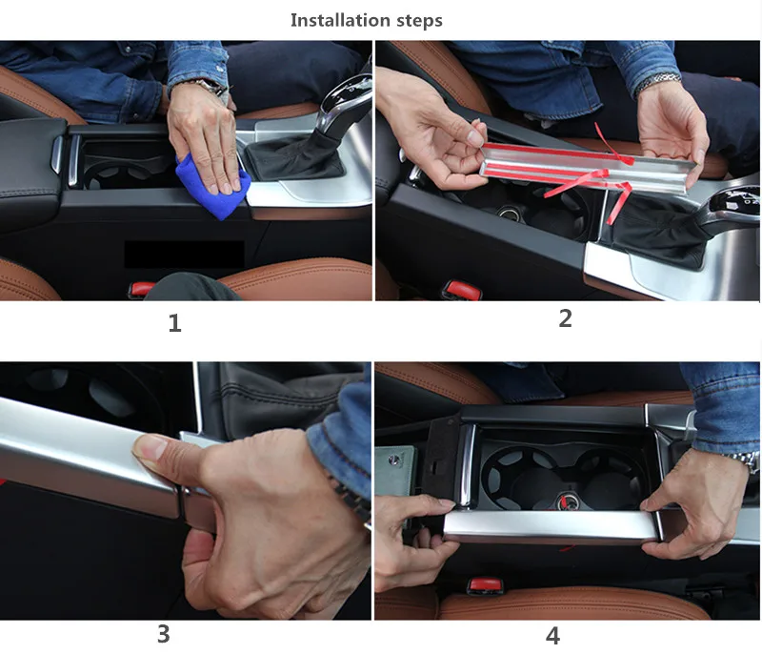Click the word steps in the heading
click(x=419, y=21)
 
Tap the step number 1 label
click(x=175, y=323)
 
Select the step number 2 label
click(x=565, y=318)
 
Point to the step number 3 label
click(x=163, y=634)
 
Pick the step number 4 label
click(x=552, y=636)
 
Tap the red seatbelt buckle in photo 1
click(x=140, y=289)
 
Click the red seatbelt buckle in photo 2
click(x=462, y=290)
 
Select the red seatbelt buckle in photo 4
click(x=486, y=586)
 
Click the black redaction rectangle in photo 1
click(x=184, y=254)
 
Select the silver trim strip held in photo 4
click(x=551, y=526)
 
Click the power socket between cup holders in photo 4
click(x=567, y=501)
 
